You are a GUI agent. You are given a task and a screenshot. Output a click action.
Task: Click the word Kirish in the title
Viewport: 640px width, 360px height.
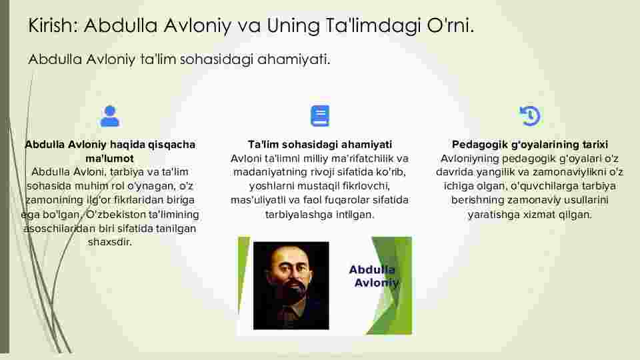52,25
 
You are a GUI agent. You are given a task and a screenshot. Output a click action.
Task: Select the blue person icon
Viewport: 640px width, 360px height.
110,116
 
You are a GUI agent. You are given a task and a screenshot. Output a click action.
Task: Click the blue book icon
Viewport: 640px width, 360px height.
320,116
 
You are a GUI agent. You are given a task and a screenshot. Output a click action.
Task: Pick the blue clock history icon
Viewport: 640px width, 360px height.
530,116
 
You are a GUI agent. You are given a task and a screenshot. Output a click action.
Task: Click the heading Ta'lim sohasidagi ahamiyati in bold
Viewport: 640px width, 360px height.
320,145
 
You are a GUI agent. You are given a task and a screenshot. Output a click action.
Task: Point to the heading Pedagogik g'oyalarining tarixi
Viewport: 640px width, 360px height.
530,145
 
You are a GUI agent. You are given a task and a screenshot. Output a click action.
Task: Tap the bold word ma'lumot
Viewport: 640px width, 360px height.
110,159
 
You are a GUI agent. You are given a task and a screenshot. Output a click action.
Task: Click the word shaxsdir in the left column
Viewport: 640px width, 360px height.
110,242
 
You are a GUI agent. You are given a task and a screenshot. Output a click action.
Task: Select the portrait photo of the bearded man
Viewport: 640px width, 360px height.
291,285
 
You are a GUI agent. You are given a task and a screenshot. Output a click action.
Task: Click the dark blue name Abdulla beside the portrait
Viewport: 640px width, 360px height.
372,269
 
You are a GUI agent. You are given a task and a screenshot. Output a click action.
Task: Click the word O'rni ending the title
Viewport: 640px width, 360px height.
450,25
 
